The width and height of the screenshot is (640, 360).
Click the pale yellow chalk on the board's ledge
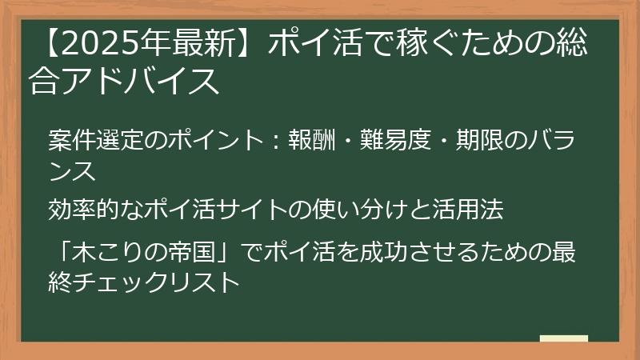pos(564,338)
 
